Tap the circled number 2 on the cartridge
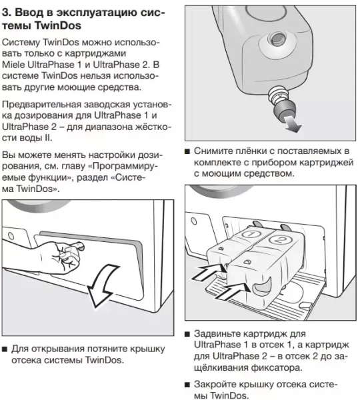281,237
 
